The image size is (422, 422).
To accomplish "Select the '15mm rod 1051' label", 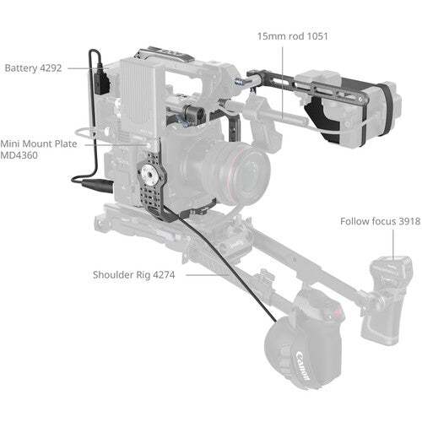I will coord(292,36).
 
